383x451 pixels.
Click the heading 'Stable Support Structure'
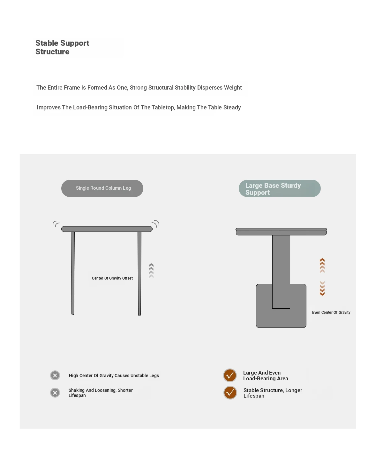(x=62, y=47)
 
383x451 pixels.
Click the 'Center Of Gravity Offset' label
(x=112, y=278)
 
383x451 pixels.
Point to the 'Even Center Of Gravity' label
(x=331, y=313)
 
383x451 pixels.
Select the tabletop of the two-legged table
(x=107, y=229)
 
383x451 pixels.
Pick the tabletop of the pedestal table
(x=281, y=232)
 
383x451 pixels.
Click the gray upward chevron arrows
(x=151, y=271)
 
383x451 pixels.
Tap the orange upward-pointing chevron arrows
(x=322, y=265)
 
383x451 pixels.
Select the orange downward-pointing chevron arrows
(x=322, y=288)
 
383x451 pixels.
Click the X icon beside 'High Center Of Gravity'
(x=55, y=376)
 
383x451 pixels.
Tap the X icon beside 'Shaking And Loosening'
(x=55, y=392)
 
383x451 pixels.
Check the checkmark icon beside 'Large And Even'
(x=230, y=376)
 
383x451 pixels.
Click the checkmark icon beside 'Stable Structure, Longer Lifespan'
(x=230, y=393)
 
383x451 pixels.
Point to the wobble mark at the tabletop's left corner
(x=56, y=224)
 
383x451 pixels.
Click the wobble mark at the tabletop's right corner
(x=156, y=223)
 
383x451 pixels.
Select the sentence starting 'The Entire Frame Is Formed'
(x=139, y=88)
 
